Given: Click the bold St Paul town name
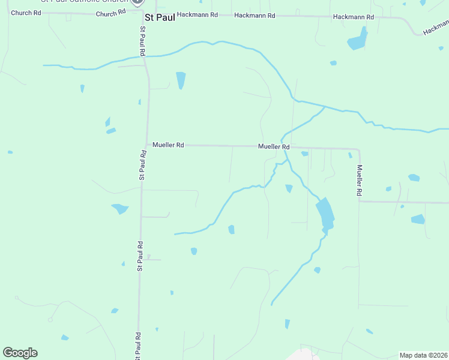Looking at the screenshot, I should tap(160, 17).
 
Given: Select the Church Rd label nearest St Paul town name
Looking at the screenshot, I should tap(111, 13).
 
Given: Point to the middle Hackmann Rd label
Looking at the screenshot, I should tap(255, 15).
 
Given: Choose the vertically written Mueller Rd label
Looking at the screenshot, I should tap(360, 181).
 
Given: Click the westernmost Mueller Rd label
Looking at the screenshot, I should tap(168, 145).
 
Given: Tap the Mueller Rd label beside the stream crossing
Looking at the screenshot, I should tap(274, 146).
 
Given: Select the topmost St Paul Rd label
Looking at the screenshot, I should tap(143, 41).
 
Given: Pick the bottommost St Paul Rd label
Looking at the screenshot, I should tap(138, 346).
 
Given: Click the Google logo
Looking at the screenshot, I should tap(20, 353).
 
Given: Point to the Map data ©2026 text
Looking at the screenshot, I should tap(423, 355).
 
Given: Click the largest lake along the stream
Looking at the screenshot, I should tap(325, 212).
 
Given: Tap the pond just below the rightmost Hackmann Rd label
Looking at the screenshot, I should tap(357, 42).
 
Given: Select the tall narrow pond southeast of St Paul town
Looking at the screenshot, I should tap(181, 80).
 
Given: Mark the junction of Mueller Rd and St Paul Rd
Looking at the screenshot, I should tap(147, 145).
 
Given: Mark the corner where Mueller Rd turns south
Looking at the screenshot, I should tap(359, 149).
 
